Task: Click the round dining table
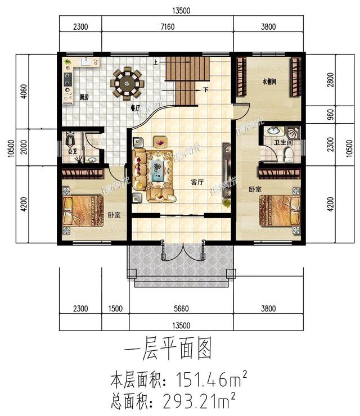[128, 83]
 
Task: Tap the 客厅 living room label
[197, 182]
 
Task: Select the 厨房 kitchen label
[85, 97]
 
